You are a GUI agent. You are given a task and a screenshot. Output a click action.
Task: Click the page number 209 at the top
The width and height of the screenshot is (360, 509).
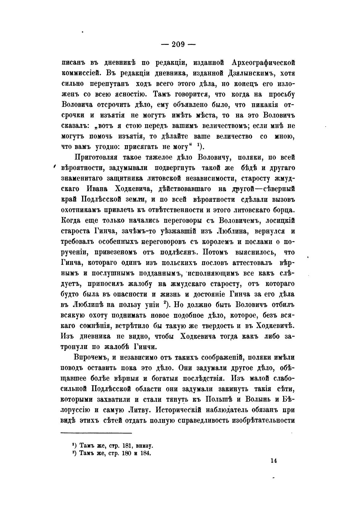pyautogui.click(x=178, y=45)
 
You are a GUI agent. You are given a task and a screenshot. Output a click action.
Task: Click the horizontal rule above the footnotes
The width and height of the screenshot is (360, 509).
pyautogui.click(x=96, y=433)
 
